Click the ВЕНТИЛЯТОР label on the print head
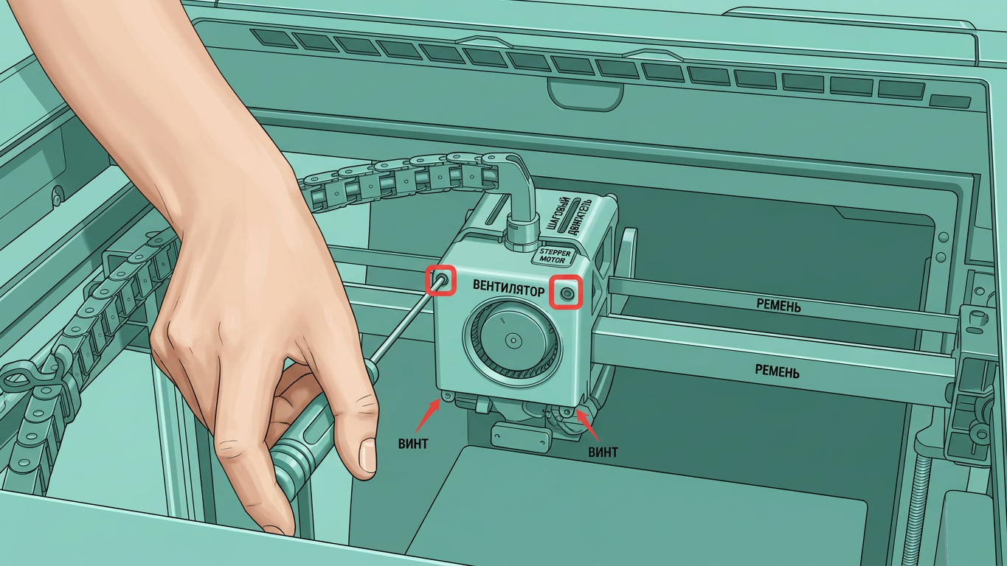click(x=508, y=287)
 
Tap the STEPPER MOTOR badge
click(x=555, y=256)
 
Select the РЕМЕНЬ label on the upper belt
click(x=778, y=306)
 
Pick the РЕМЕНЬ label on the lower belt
click(x=778, y=371)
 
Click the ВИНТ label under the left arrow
click(x=412, y=444)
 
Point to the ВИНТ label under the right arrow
click(x=603, y=452)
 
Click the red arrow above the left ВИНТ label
click(x=428, y=416)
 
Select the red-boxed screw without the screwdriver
click(x=567, y=293)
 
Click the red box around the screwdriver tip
click(x=441, y=281)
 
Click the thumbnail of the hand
click(x=367, y=455)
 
